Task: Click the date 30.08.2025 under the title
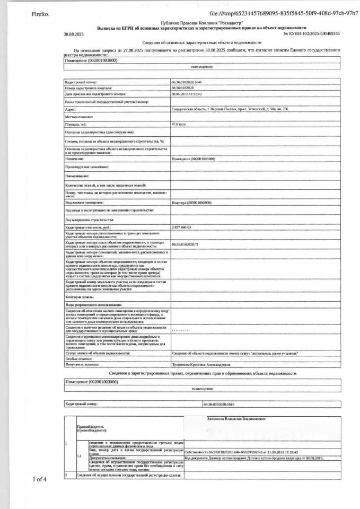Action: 74,33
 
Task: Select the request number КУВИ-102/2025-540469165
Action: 312,33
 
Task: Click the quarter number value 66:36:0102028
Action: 183,88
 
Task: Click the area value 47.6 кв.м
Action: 180,124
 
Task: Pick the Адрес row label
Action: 71,109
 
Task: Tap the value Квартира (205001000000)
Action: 191,203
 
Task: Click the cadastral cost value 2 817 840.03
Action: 181,227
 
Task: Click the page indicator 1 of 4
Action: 40,479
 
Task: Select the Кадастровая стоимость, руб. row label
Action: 88,227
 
